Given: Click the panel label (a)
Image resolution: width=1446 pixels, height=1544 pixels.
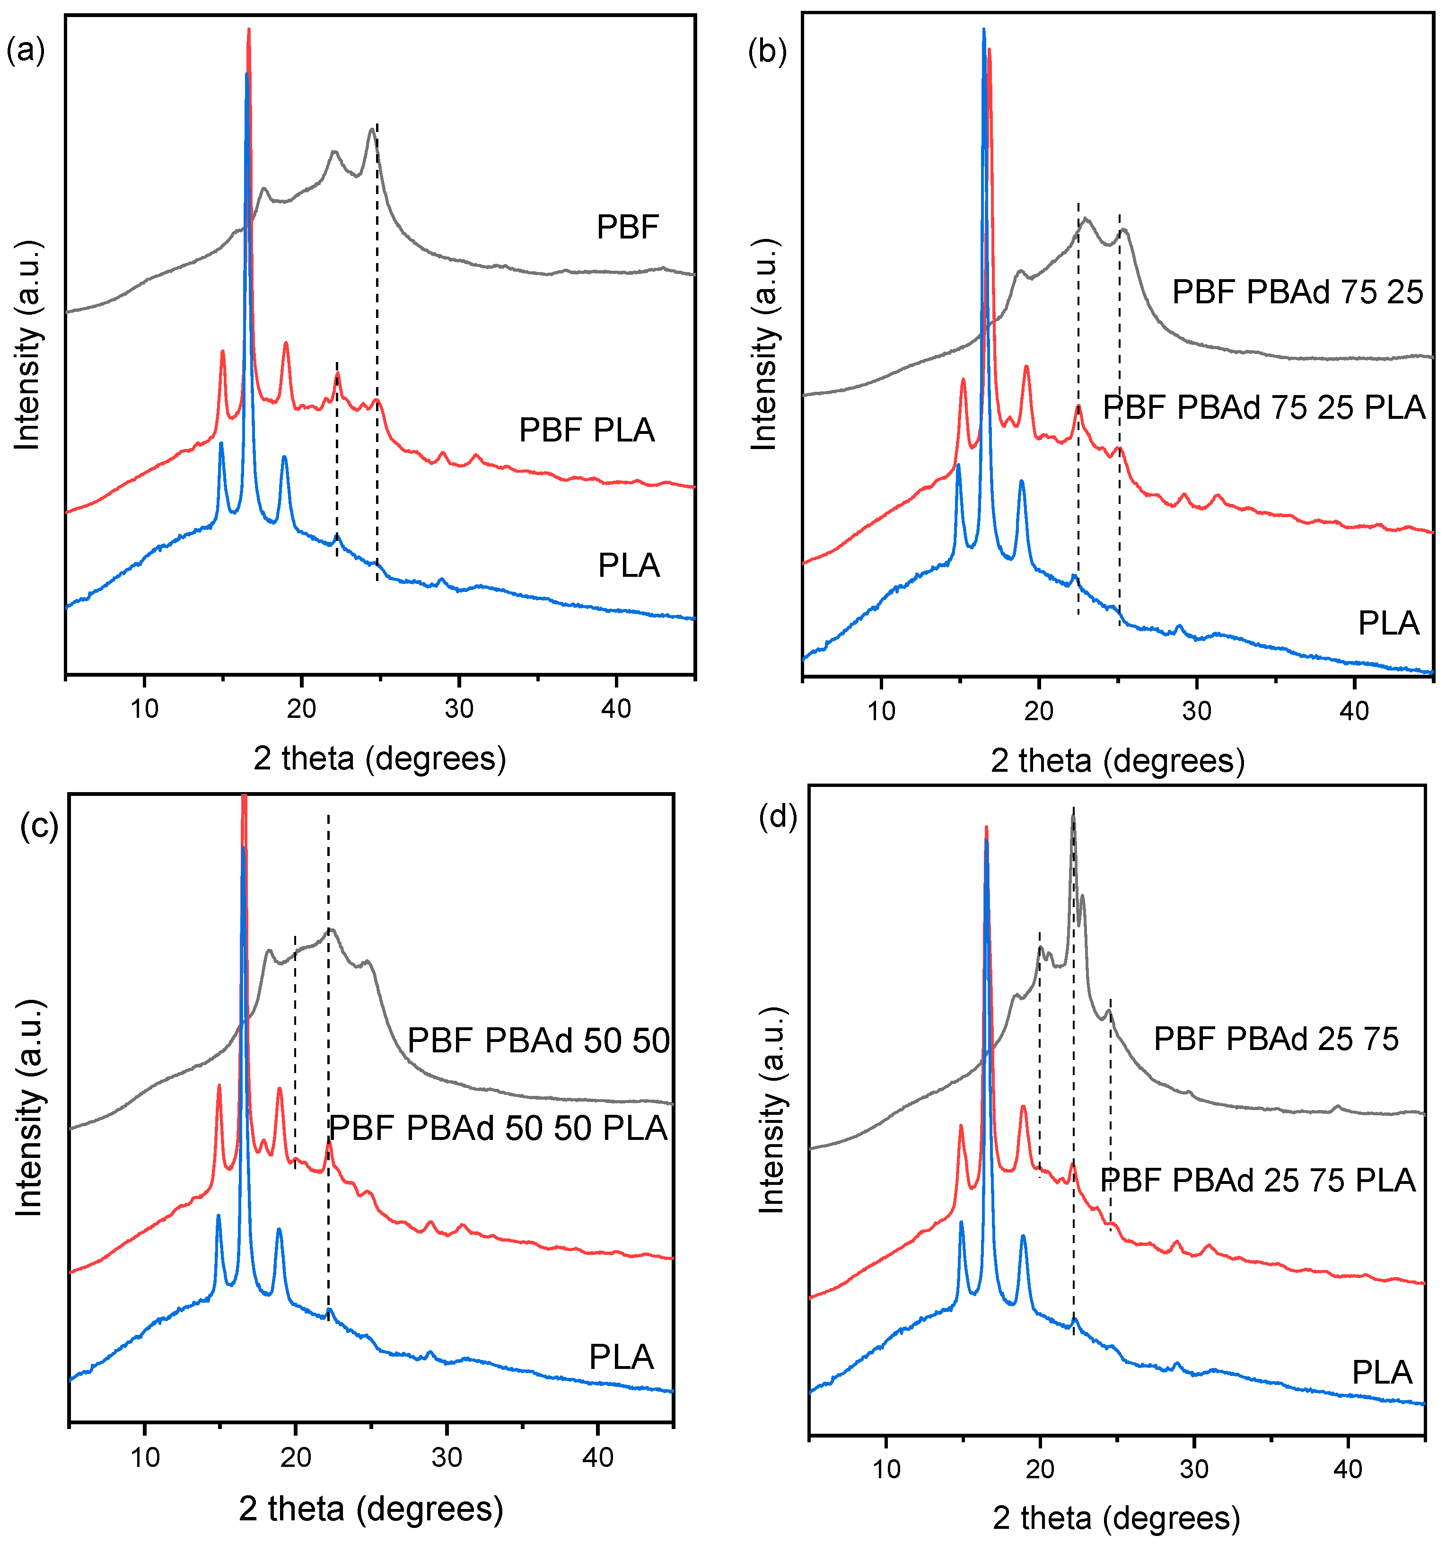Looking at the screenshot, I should click(25, 51).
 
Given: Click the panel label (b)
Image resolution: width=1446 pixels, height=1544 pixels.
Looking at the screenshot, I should click(766, 51).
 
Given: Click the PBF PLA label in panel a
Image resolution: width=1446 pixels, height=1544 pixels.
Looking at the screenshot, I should click(587, 430).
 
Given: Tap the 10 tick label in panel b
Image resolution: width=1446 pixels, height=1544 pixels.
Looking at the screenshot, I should click(881, 711).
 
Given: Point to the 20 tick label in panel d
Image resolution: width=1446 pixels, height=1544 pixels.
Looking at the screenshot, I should click(1039, 1469).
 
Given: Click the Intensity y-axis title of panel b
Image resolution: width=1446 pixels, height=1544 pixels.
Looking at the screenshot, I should click(764, 345).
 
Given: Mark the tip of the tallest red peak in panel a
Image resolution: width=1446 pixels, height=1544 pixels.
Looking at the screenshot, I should click(248, 29).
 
